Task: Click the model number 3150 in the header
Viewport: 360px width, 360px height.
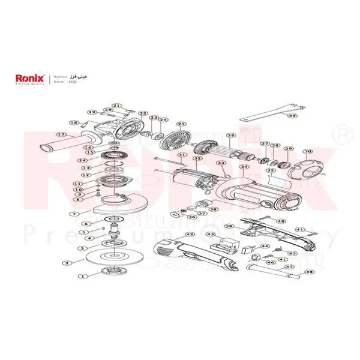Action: point(73,82)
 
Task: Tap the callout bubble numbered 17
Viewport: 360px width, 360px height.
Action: point(61,134)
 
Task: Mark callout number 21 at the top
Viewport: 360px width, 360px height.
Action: point(116,106)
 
